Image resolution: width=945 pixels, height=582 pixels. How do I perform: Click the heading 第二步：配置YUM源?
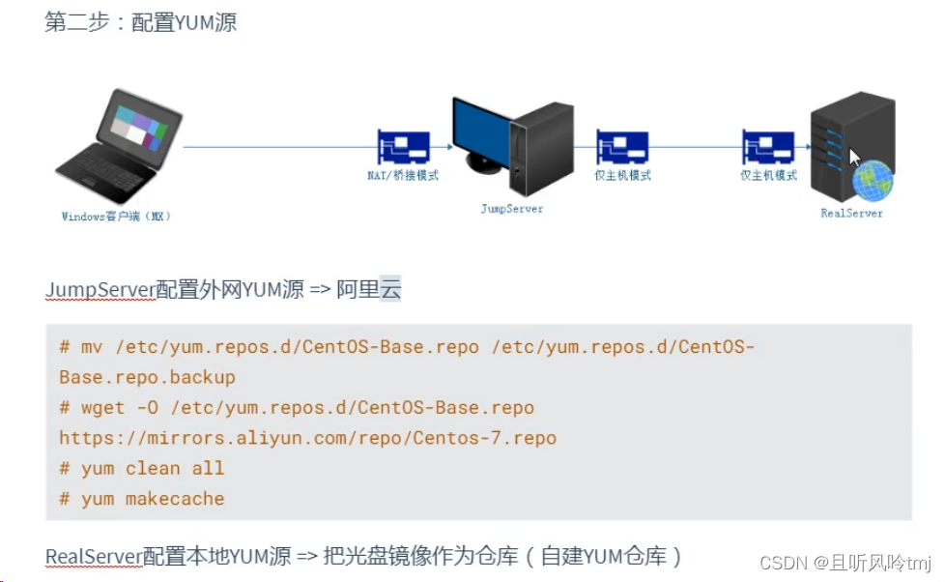click(x=140, y=22)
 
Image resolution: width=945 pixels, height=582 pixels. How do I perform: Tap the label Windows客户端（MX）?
click(x=116, y=217)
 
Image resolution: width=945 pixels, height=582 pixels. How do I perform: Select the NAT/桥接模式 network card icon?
click(x=403, y=148)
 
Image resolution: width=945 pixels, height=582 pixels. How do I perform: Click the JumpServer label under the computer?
click(x=512, y=208)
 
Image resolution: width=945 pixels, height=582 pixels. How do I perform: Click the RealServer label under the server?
click(x=851, y=213)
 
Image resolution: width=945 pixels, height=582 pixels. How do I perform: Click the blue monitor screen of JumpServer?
click(x=479, y=131)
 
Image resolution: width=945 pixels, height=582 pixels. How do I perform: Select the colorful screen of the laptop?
click(x=138, y=127)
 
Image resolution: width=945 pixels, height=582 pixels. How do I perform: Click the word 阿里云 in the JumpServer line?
click(x=368, y=289)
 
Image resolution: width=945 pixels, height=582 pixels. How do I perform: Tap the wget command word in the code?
click(x=103, y=407)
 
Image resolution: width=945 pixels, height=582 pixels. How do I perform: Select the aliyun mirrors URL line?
click(x=307, y=438)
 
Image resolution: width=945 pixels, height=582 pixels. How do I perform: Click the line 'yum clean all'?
click(x=141, y=469)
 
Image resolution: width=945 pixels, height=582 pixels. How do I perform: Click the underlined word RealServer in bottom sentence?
click(x=94, y=556)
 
